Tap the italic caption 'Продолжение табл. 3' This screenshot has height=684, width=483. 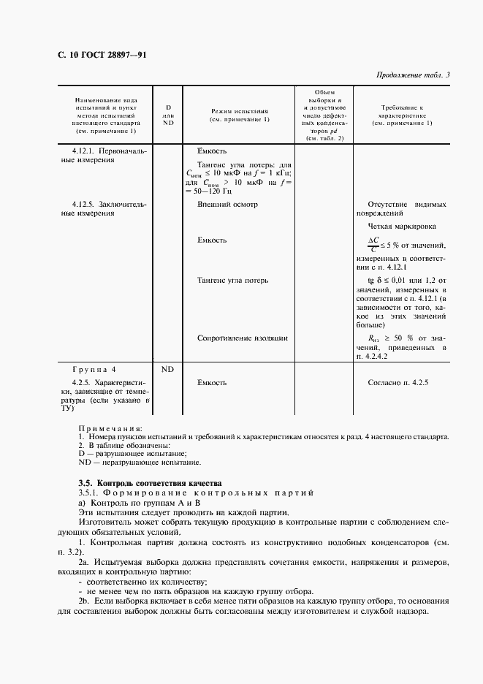click(414, 75)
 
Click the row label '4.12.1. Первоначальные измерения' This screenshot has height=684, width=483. click(104, 155)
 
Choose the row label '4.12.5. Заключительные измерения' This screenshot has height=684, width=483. click(104, 209)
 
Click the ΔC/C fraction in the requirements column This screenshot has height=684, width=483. click(373, 244)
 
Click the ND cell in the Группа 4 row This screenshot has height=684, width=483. click(167, 369)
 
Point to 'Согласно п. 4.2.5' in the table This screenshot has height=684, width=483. click(399, 382)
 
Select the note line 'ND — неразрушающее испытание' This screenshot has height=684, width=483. click(138, 463)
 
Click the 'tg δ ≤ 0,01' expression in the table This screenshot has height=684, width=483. click(391, 281)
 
